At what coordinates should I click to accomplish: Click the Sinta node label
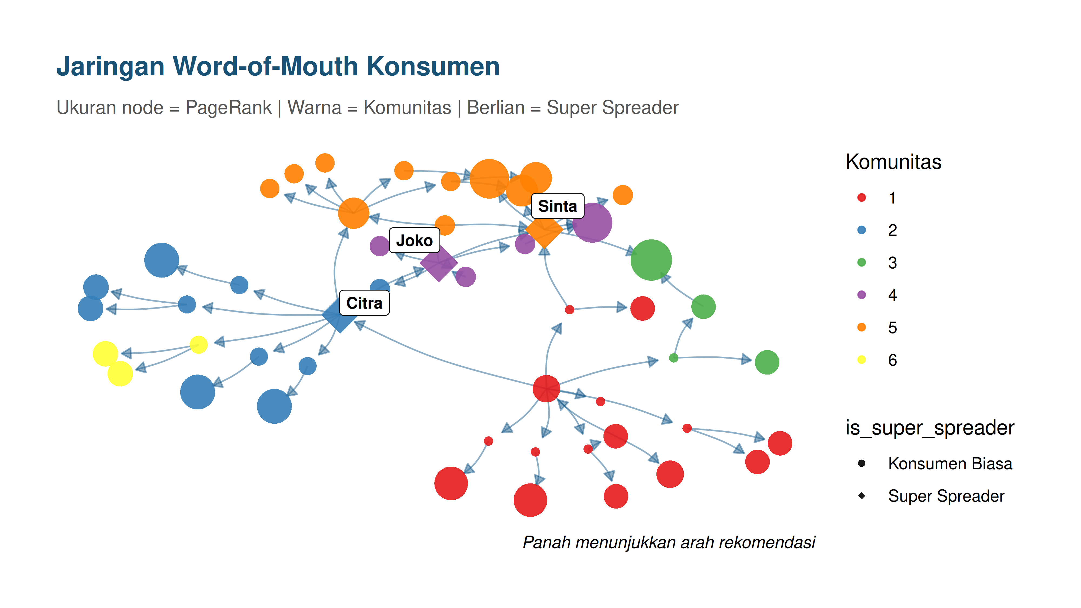tap(557, 206)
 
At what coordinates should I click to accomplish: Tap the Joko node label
tap(414, 240)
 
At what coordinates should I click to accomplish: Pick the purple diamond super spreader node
tap(439, 263)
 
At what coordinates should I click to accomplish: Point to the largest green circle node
tap(651, 260)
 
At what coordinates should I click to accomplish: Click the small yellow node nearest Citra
tap(198, 345)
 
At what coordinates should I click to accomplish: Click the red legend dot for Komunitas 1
tap(862, 198)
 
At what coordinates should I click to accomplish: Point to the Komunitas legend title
tap(893, 162)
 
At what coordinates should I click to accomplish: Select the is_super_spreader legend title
tap(929, 428)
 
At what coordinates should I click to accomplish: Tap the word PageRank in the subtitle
tap(228, 108)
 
